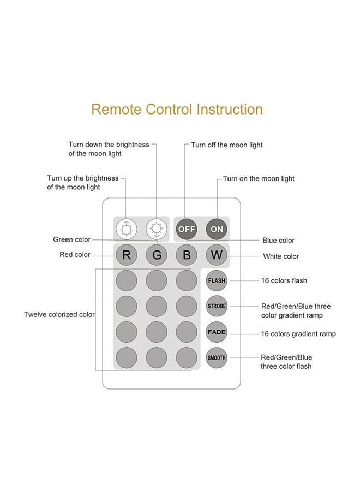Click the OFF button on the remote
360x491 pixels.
(x=187, y=229)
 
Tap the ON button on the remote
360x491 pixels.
(x=217, y=229)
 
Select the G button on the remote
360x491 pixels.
(x=157, y=255)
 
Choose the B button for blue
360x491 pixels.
(x=187, y=255)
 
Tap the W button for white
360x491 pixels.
(x=217, y=255)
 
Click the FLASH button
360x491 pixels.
(x=217, y=280)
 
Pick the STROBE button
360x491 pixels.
(x=217, y=306)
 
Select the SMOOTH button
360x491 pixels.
(x=217, y=358)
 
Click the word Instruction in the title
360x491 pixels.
(x=230, y=109)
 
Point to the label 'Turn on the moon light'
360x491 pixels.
(x=259, y=179)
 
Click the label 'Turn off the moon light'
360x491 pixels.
(x=226, y=145)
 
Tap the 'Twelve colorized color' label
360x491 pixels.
(x=59, y=315)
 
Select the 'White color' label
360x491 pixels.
(x=281, y=256)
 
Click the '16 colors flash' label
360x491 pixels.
(x=284, y=281)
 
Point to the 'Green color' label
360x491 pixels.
(x=71, y=239)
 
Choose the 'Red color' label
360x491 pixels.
(x=75, y=255)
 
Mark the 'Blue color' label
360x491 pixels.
(x=278, y=241)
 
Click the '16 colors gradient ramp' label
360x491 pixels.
(x=298, y=334)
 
